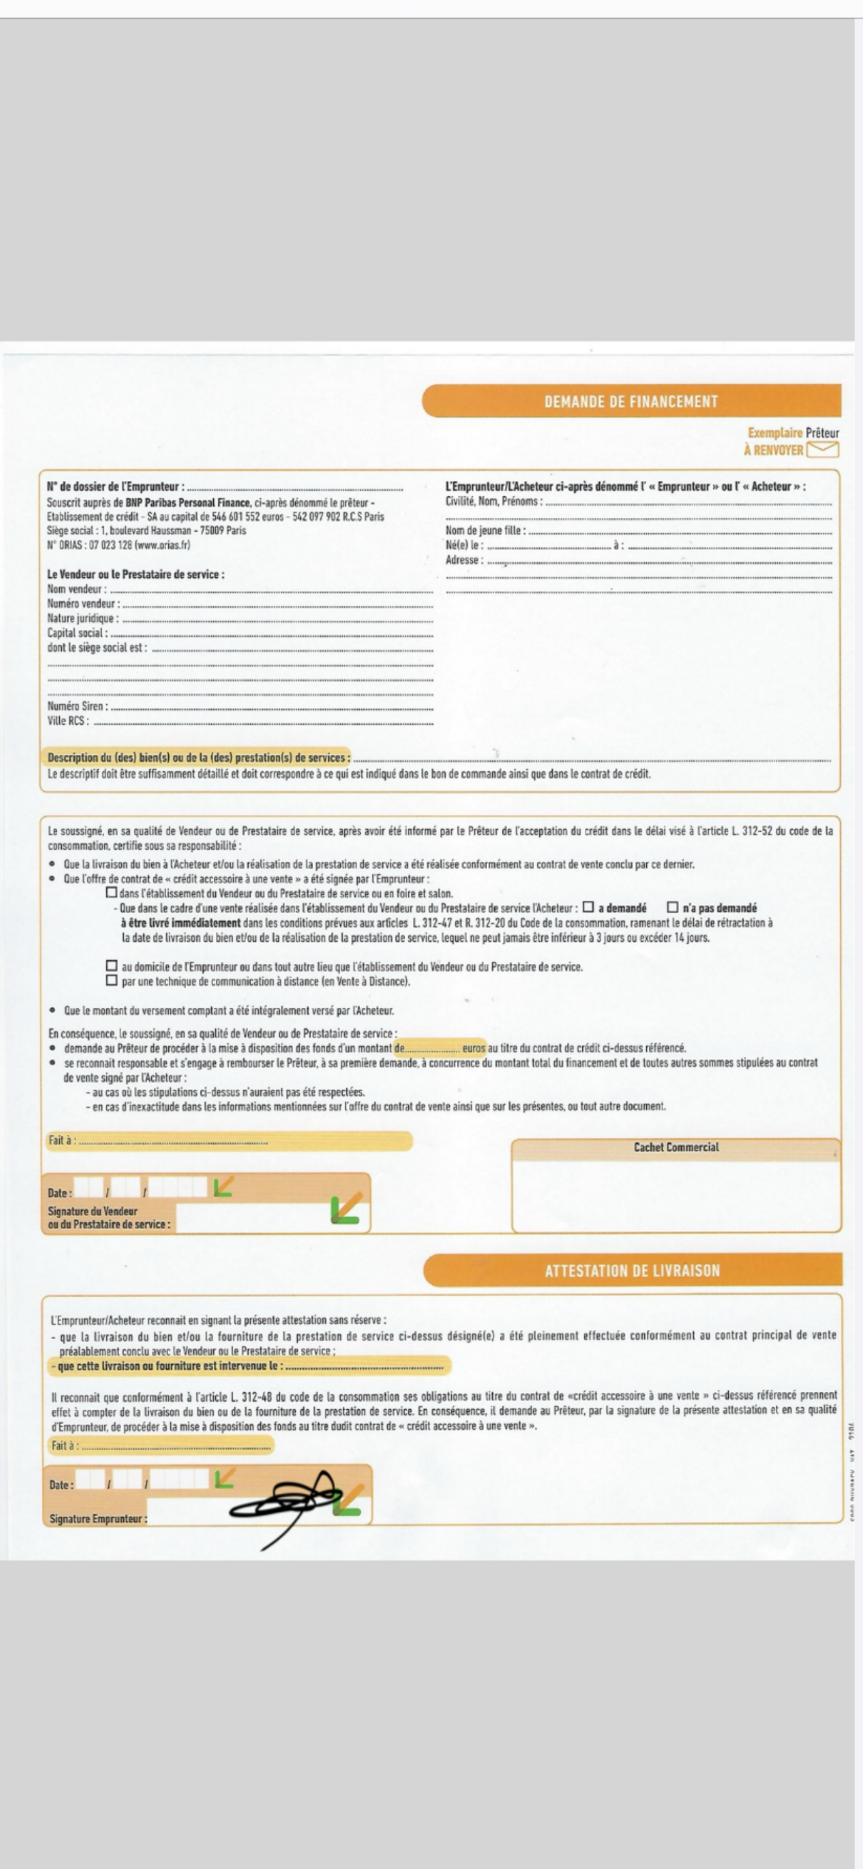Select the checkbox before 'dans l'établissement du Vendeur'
pyautogui.click(x=112, y=893)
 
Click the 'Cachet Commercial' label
pyautogui.click(x=676, y=1147)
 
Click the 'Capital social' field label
pyautogui.click(x=78, y=633)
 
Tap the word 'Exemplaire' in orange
pyautogui.click(x=775, y=433)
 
